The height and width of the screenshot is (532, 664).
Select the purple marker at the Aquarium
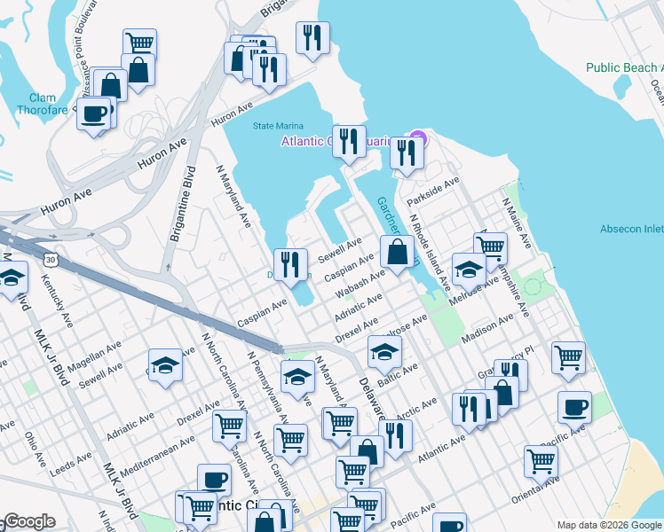click(415, 139)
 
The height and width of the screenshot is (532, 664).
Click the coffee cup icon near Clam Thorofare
click(93, 113)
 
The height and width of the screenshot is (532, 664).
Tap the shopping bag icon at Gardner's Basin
click(397, 252)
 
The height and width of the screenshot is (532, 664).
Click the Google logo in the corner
click(28, 521)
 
